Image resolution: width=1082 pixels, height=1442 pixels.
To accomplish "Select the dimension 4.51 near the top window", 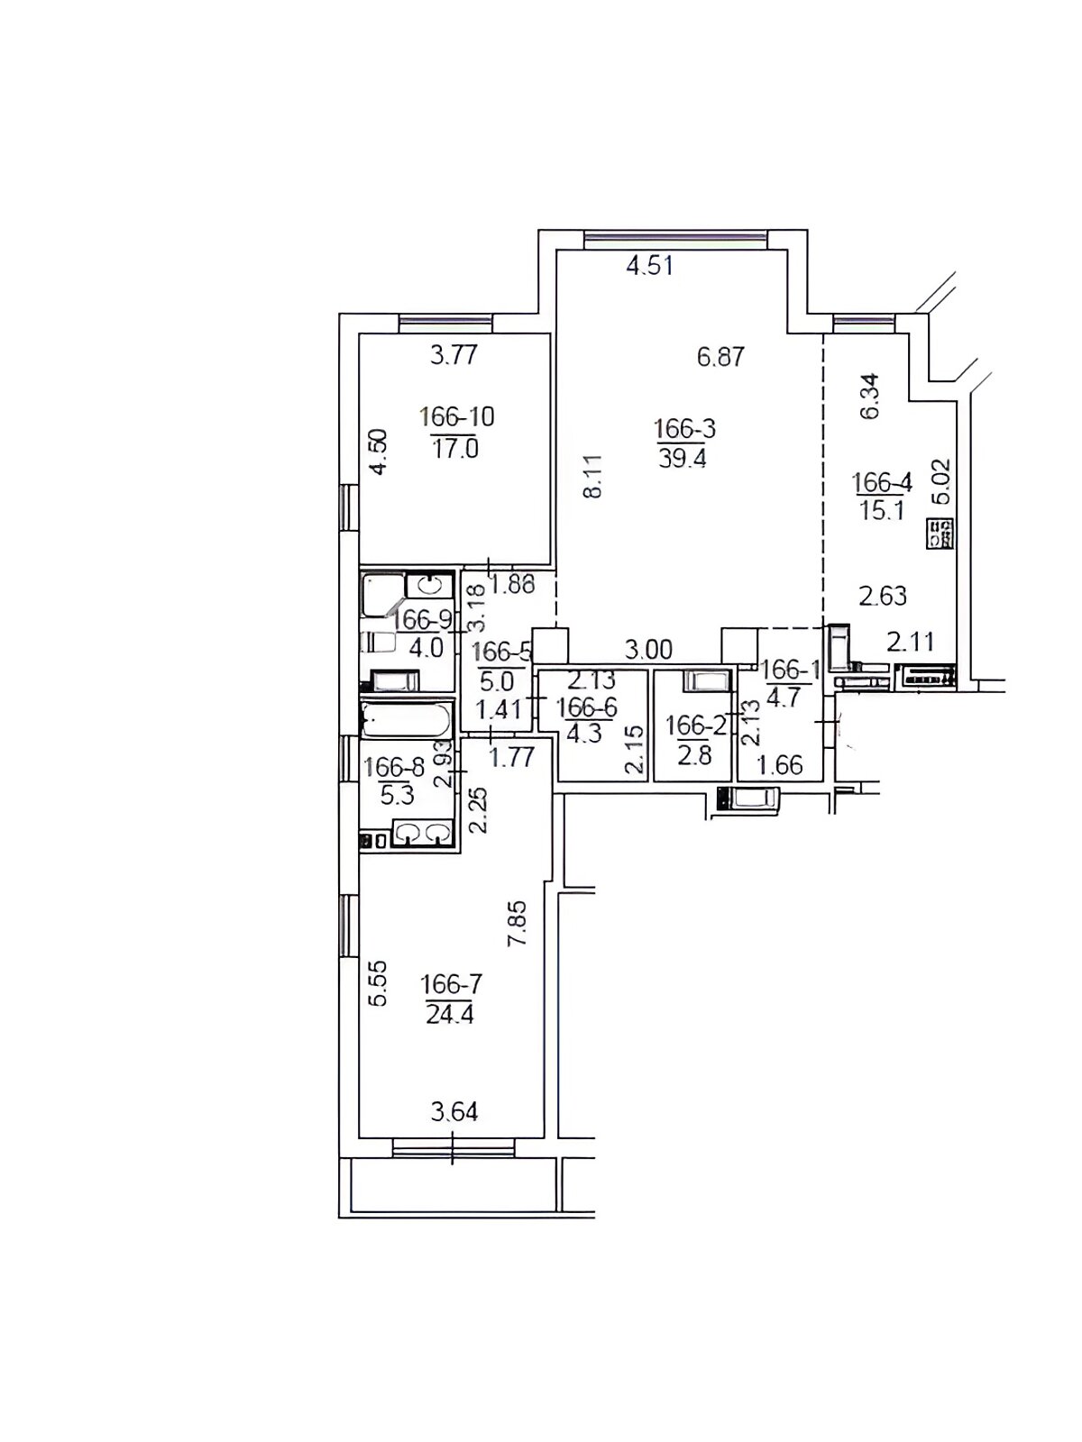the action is point(650,265).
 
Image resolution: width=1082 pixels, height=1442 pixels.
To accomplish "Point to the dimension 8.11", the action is point(592,476).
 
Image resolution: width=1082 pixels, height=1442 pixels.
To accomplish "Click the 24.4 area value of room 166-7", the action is point(450,1014).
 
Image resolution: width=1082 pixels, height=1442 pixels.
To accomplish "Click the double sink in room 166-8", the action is point(422,833).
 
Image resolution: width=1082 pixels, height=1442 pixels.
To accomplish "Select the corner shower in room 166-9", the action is point(382,595).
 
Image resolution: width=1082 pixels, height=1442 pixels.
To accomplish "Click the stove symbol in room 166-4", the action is point(940,534).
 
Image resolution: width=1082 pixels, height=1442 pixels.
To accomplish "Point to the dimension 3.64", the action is point(454,1111).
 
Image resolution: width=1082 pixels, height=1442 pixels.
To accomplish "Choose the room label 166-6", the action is point(587,707).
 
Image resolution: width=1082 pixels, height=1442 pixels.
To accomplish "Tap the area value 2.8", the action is point(694,755).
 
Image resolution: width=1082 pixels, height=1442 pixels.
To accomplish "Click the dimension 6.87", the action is point(720,357).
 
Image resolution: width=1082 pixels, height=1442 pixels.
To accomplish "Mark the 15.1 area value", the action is point(883,510).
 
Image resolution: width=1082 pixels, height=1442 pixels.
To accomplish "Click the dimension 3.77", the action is point(454,355).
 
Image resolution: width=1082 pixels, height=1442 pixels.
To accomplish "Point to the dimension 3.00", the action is point(647,650).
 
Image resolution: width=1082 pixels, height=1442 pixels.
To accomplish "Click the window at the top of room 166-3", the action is point(676,240).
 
